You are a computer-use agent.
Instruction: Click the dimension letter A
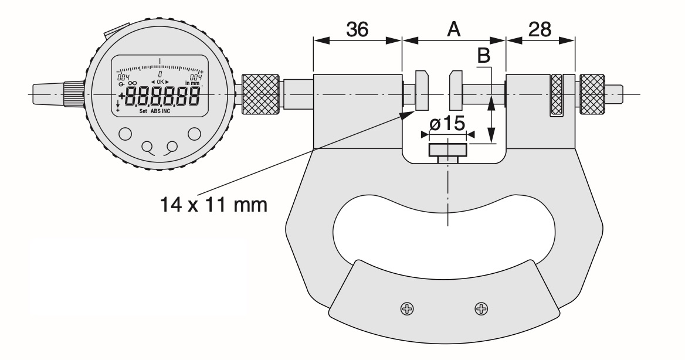pyautogui.click(x=453, y=29)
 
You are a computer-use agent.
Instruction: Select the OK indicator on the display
pyautogui.click(x=160, y=81)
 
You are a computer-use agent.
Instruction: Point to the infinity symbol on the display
pyautogui.click(x=132, y=84)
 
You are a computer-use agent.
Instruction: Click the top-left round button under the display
pyautogui.click(x=125, y=133)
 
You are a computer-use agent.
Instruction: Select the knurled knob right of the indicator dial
pyautogui.click(x=261, y=94)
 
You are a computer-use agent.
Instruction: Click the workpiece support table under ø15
pyautogui.click(x=448, y=151)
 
